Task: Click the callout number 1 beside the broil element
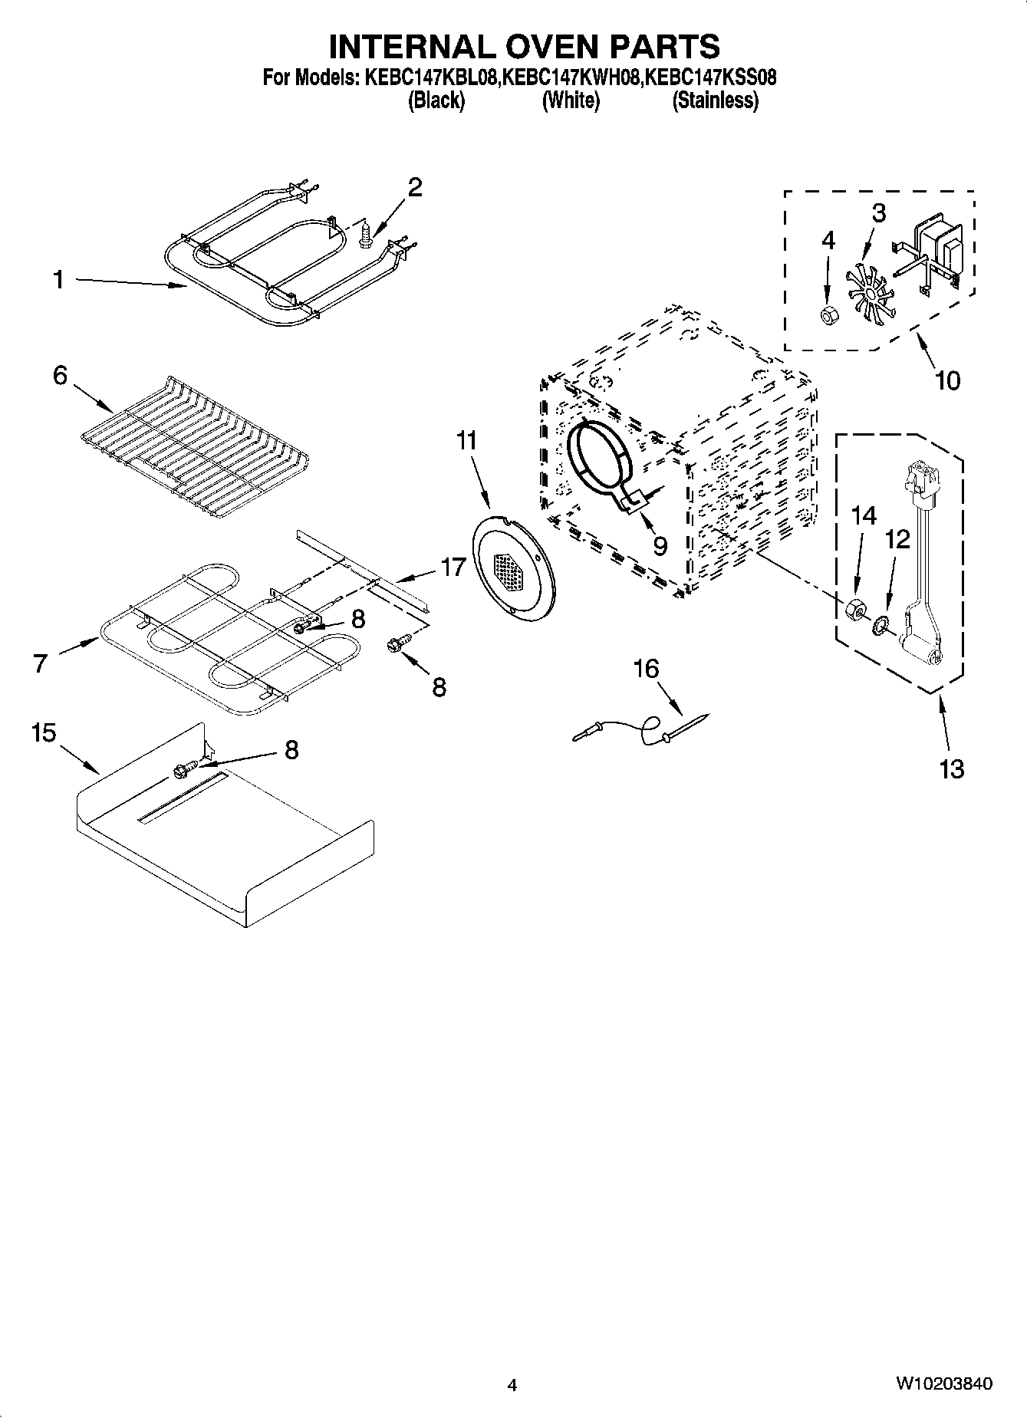(58, 280)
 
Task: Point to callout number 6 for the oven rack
(60, 376)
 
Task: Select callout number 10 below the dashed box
(948, 380)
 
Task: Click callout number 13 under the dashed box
(951, 768)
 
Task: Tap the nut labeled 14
(852, 610)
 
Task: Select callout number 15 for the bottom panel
(44, 733)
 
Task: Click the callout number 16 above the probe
(646, 670)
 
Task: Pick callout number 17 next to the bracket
(453, 567)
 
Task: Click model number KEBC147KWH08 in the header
(571, 77)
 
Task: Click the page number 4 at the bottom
(512, 1385)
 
